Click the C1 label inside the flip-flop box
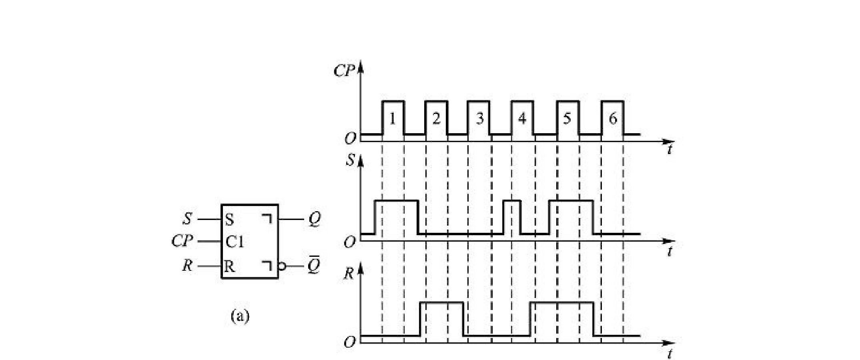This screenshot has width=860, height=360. [235, 242]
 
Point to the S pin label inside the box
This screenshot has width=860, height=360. [229, 220]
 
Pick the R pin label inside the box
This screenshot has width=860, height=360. [229, 266]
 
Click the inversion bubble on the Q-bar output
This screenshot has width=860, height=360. [282, 266]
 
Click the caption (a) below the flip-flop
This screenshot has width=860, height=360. [240, 316]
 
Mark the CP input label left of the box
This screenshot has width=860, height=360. [182, 241]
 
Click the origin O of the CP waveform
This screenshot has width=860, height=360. [350, 139]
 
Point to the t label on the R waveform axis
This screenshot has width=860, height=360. [670, 354]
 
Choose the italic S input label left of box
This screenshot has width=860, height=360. [187, 219]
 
